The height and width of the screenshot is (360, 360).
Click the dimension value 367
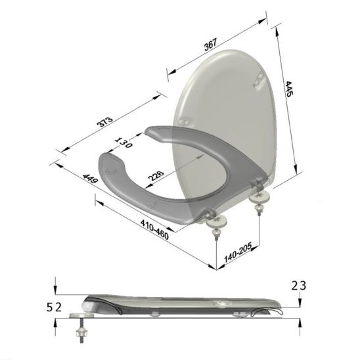click(x=211, y=45)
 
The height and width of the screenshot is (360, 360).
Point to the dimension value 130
click(x=124, y=142)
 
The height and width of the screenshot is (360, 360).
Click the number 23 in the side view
click(x=300, y=285)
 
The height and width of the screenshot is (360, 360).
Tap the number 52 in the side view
click(x=55, y=306)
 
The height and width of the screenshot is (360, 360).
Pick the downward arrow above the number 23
click(x=300, y=300)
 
